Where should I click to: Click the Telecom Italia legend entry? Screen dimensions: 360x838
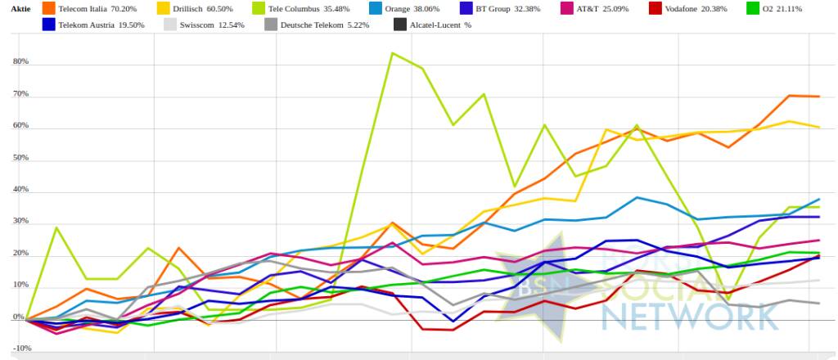[x=91, y=8]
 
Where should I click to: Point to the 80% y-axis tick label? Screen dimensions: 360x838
[x=20, y=62]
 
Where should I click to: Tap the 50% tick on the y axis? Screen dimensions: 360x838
[x=20, y=158]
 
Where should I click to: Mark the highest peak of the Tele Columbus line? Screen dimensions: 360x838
[x=393, y=53]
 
